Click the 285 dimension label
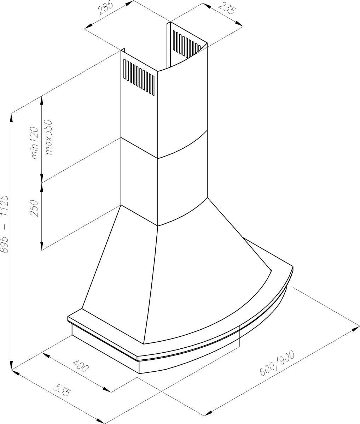(105, 8)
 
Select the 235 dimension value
(227, 8)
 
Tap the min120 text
(35, 143)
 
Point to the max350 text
(49, 137)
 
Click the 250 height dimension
(34, 208)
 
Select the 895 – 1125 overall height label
(4, 224)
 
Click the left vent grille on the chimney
(139, 77)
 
